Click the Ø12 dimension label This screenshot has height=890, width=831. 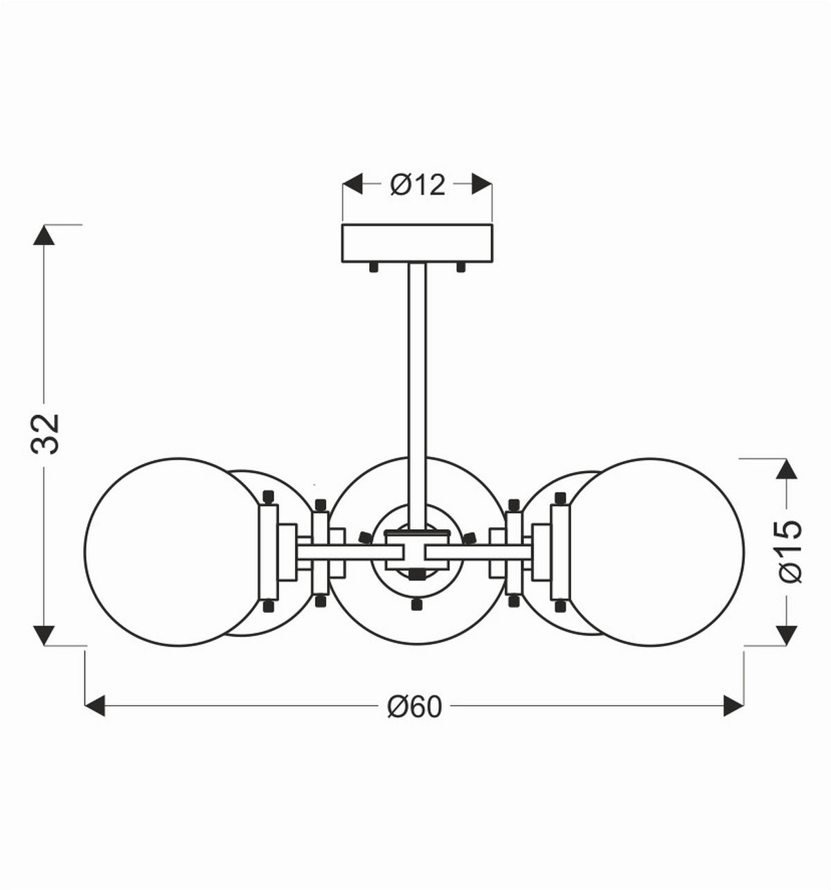(418, 185)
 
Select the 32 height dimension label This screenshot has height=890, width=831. (46, 434)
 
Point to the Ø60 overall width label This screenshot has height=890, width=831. (413, 706)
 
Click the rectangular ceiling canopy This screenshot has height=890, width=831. (418, 243)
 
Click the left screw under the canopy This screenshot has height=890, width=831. (374, 267)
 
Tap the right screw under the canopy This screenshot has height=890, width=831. (461, 267)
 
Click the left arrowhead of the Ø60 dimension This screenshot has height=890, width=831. (95, 706)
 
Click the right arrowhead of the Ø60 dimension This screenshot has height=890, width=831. (733, 706)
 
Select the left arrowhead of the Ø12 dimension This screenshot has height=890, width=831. (353, 184)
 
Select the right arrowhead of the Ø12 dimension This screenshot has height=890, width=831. (482, 184)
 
